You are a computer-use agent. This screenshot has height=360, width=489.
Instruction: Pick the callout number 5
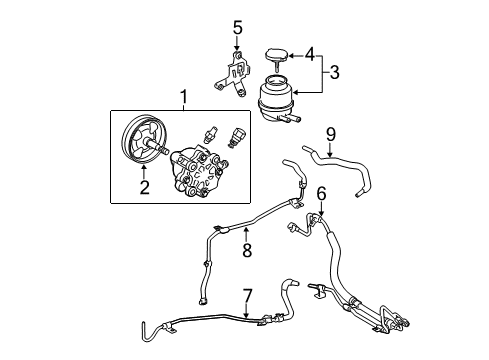237,27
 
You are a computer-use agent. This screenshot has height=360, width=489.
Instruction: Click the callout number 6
322,193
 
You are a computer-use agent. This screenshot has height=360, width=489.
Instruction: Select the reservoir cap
277,54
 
